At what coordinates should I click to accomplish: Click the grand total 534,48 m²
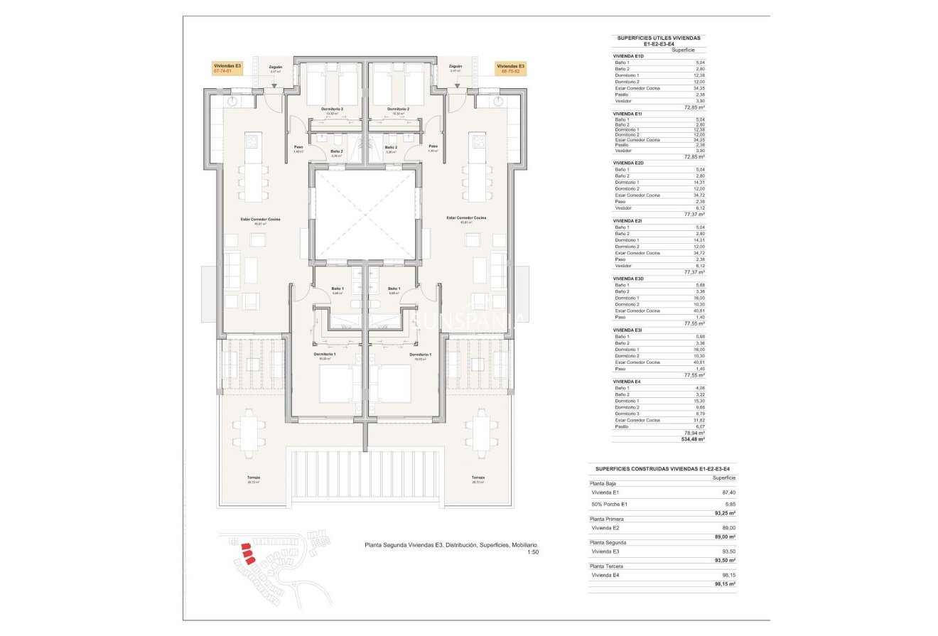click(692, 439)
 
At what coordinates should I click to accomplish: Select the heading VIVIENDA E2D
click(629, 163)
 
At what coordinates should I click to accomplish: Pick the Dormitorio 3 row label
click(627, 414)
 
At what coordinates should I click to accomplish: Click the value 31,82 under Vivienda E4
click(699, 420)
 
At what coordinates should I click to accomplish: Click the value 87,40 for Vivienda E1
click(726, 492)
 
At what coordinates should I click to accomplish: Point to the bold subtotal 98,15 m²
click(723, 583)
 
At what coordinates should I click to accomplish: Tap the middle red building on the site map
click(246, 553)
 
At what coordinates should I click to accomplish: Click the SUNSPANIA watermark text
click(469, 320)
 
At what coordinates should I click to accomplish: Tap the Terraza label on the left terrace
click(253, 478)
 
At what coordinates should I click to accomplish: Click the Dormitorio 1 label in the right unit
click(419, 354)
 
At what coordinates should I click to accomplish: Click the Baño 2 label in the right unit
click(391, 147)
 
